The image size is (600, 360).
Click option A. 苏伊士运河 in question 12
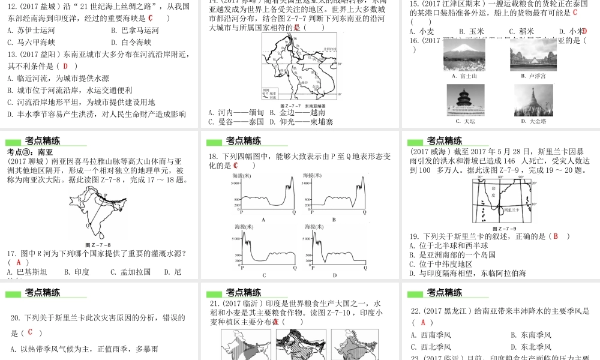(x=34, y=31)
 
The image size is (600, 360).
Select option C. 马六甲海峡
(x=34, y=43)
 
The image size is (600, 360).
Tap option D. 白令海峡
(x=131, y=43)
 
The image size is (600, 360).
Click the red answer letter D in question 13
(x=65, y=66)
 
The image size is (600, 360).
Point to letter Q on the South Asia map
(x=88, y=226)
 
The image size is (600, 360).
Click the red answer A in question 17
(x=19, y=262)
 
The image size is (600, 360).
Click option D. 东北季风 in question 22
(x=530, y=347)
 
